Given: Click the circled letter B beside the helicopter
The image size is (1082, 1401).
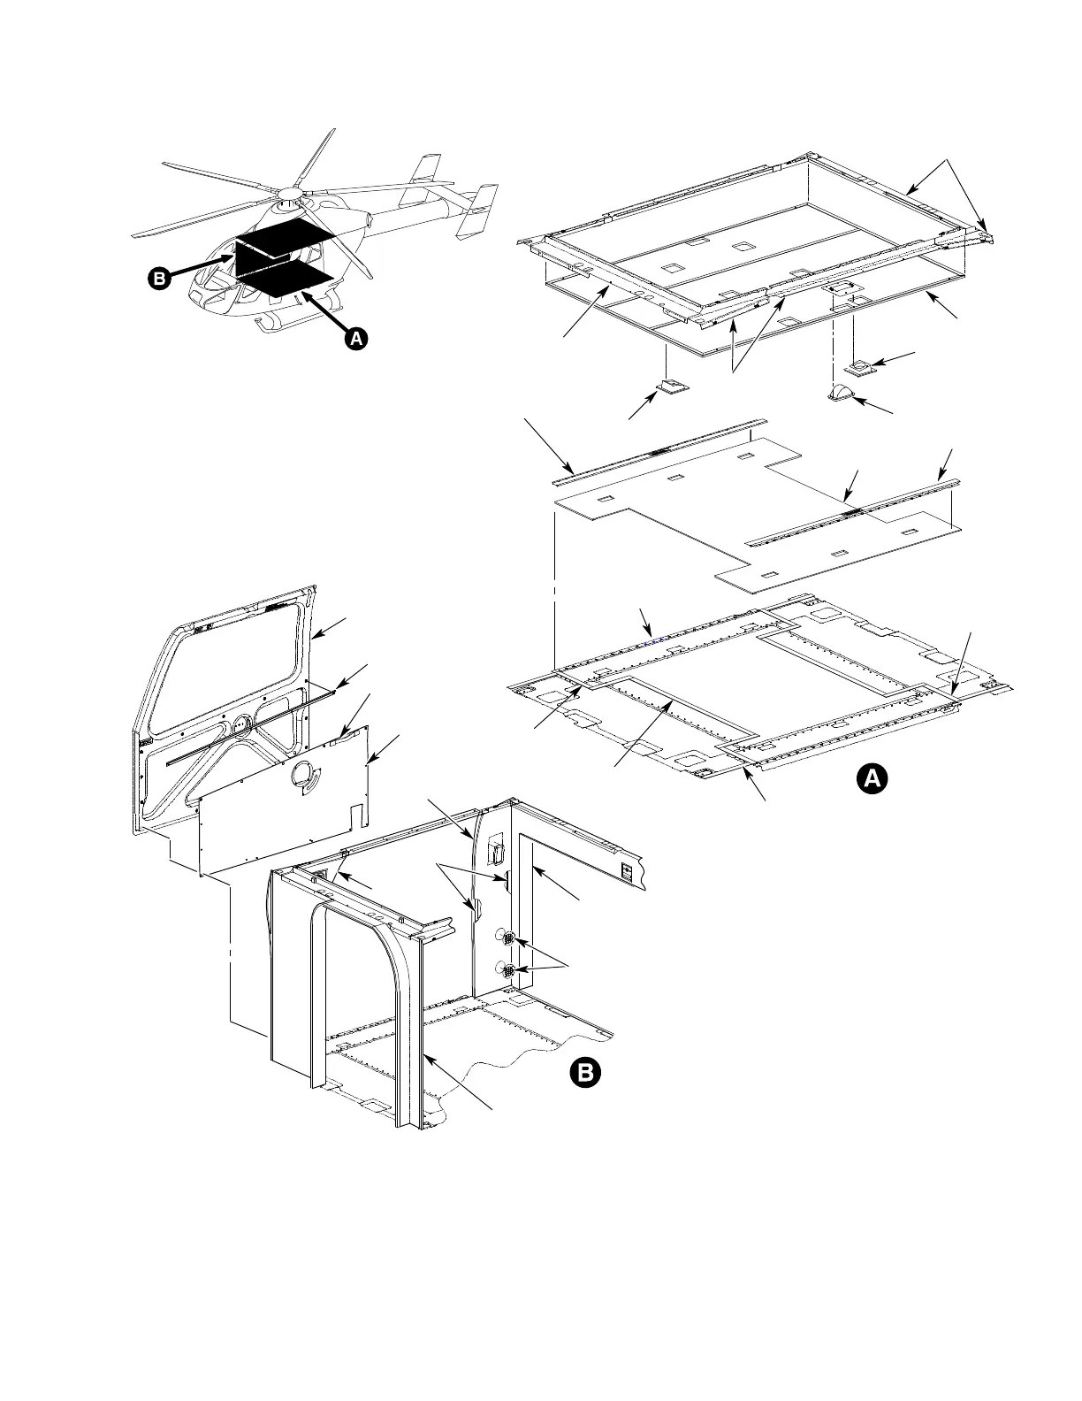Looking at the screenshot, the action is (x=159, y=279).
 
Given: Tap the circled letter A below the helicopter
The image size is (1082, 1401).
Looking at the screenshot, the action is (x=355, y=338).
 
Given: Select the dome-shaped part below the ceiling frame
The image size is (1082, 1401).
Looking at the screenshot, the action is (x=841, y=393).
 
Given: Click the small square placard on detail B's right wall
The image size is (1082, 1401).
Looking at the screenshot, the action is (x=627, y=871).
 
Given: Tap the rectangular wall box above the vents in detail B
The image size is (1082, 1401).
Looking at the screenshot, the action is (x=496, y=851).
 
